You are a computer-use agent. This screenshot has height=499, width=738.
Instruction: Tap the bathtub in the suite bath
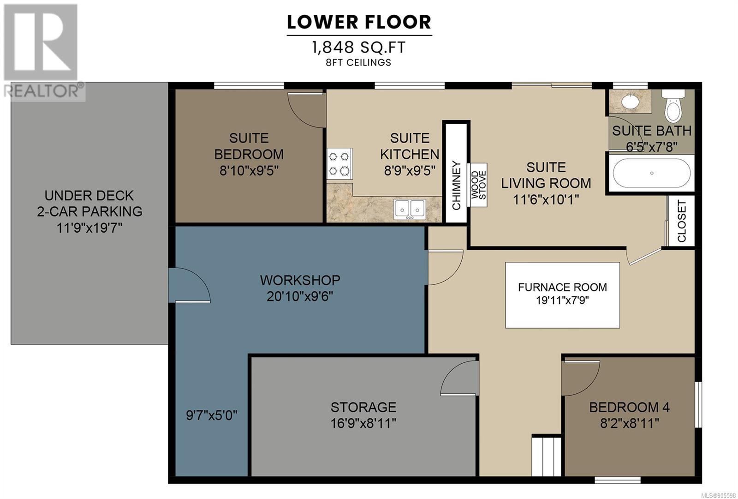click(x=651, y=173)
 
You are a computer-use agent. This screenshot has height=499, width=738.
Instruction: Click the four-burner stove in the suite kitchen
click(x=339, y=163)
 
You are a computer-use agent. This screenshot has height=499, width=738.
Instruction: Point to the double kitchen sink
click(x=410, y=209)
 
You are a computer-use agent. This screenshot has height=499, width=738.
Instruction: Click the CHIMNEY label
click(x=456, y=185)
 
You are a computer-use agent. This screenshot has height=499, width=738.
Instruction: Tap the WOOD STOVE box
click(x=478, y=185)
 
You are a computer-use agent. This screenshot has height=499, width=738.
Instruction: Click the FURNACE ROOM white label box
click(x=562, y=295)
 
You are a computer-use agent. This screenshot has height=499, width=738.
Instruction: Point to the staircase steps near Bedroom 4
click(x=546, y=456)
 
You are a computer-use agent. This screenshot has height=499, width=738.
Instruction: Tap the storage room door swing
click(x=459, y=378)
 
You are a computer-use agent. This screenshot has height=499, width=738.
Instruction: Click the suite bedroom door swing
click(x=307, y=110)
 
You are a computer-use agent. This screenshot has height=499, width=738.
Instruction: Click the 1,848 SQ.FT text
click(x=358, y=48)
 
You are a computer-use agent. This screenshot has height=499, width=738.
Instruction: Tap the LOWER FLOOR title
click(x=359, y=22)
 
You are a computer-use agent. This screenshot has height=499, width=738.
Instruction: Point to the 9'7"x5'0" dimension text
click(x=212, y=415)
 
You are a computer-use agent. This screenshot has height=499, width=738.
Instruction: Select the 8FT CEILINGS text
click(x=358, y=62)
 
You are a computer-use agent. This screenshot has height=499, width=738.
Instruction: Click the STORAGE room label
click(x=363, y=407)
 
